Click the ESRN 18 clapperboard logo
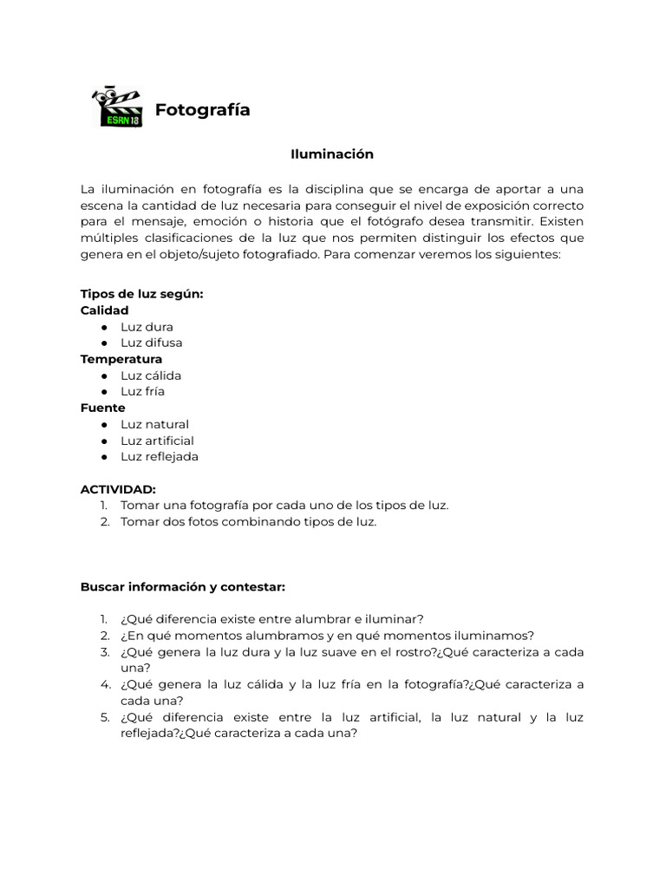point(117,108)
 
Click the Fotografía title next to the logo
point(202,110)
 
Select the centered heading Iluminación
point(332,154)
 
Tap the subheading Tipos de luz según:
point(141,294)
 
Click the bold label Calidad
point(104,310)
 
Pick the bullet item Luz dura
point(147,327)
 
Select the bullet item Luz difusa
point(151,343)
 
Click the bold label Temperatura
point(121,359)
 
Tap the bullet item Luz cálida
point(151,375)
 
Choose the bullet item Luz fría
point(142,391)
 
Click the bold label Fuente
point(102,408)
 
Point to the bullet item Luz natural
point(154,424)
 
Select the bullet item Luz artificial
point(157,441)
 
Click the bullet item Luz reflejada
point(160,457)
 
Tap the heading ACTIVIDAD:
point(118,490)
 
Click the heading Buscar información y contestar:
point(183,587)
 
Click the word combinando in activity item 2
point(242,522)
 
